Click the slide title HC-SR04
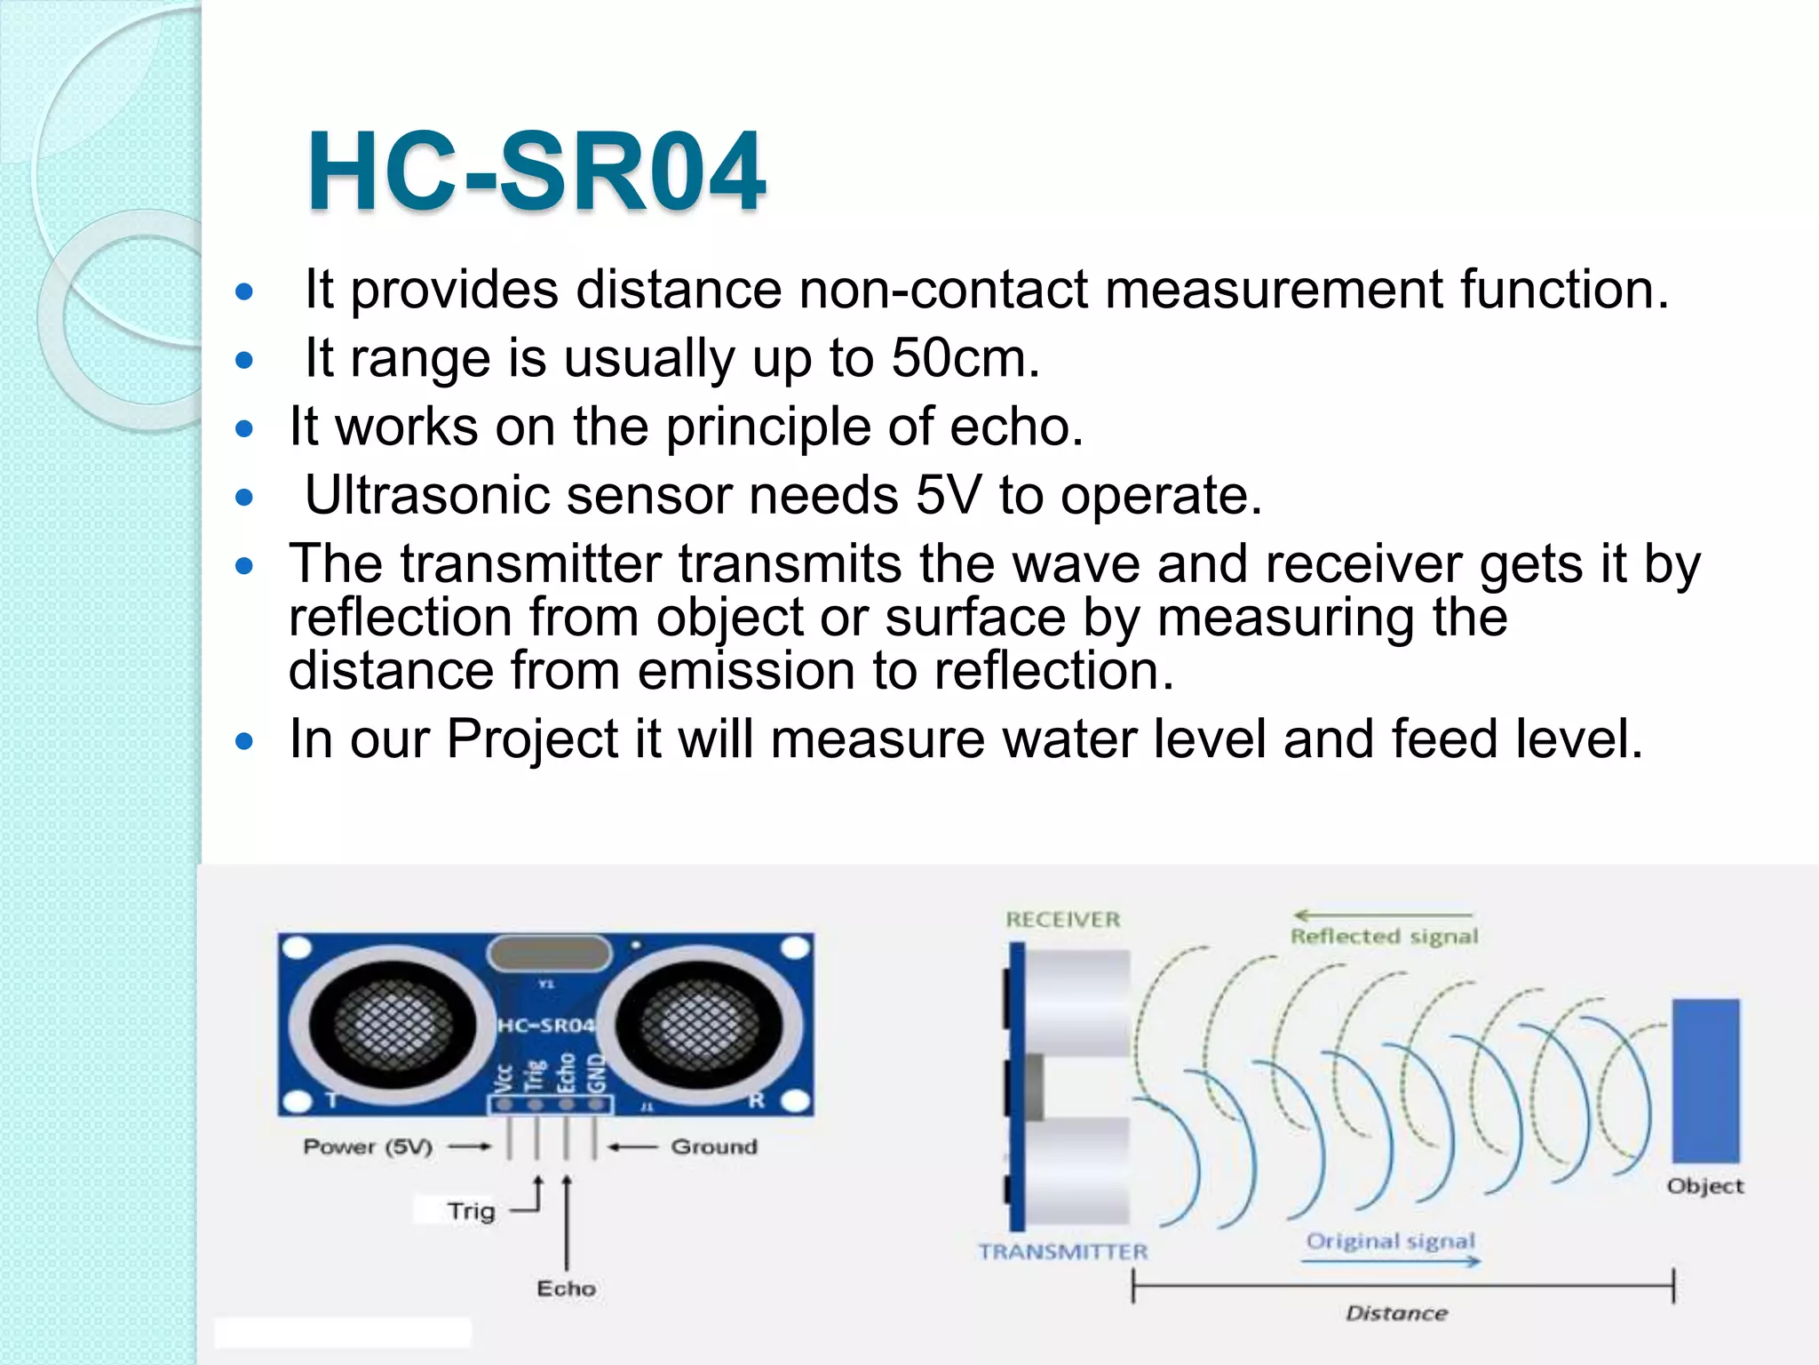[536, 172]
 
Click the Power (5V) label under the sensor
[368, 1146]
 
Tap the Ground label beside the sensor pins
[714, 1146]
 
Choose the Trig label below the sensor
[471, 1211]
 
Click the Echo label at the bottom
[566, 1289]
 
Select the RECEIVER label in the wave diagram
[1063, 920]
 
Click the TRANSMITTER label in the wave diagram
[1063, 1252]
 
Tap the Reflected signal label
[1384, 937]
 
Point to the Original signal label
[1390, 1241]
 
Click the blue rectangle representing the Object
[1705, 1080]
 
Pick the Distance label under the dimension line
[1396, 1313]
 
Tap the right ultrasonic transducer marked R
[701, 1028]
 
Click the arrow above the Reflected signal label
[1382, 915]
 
